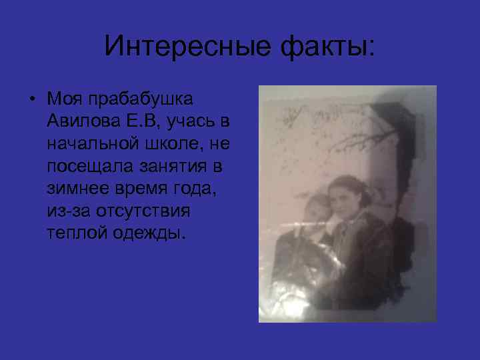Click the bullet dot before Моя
(31, 99)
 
